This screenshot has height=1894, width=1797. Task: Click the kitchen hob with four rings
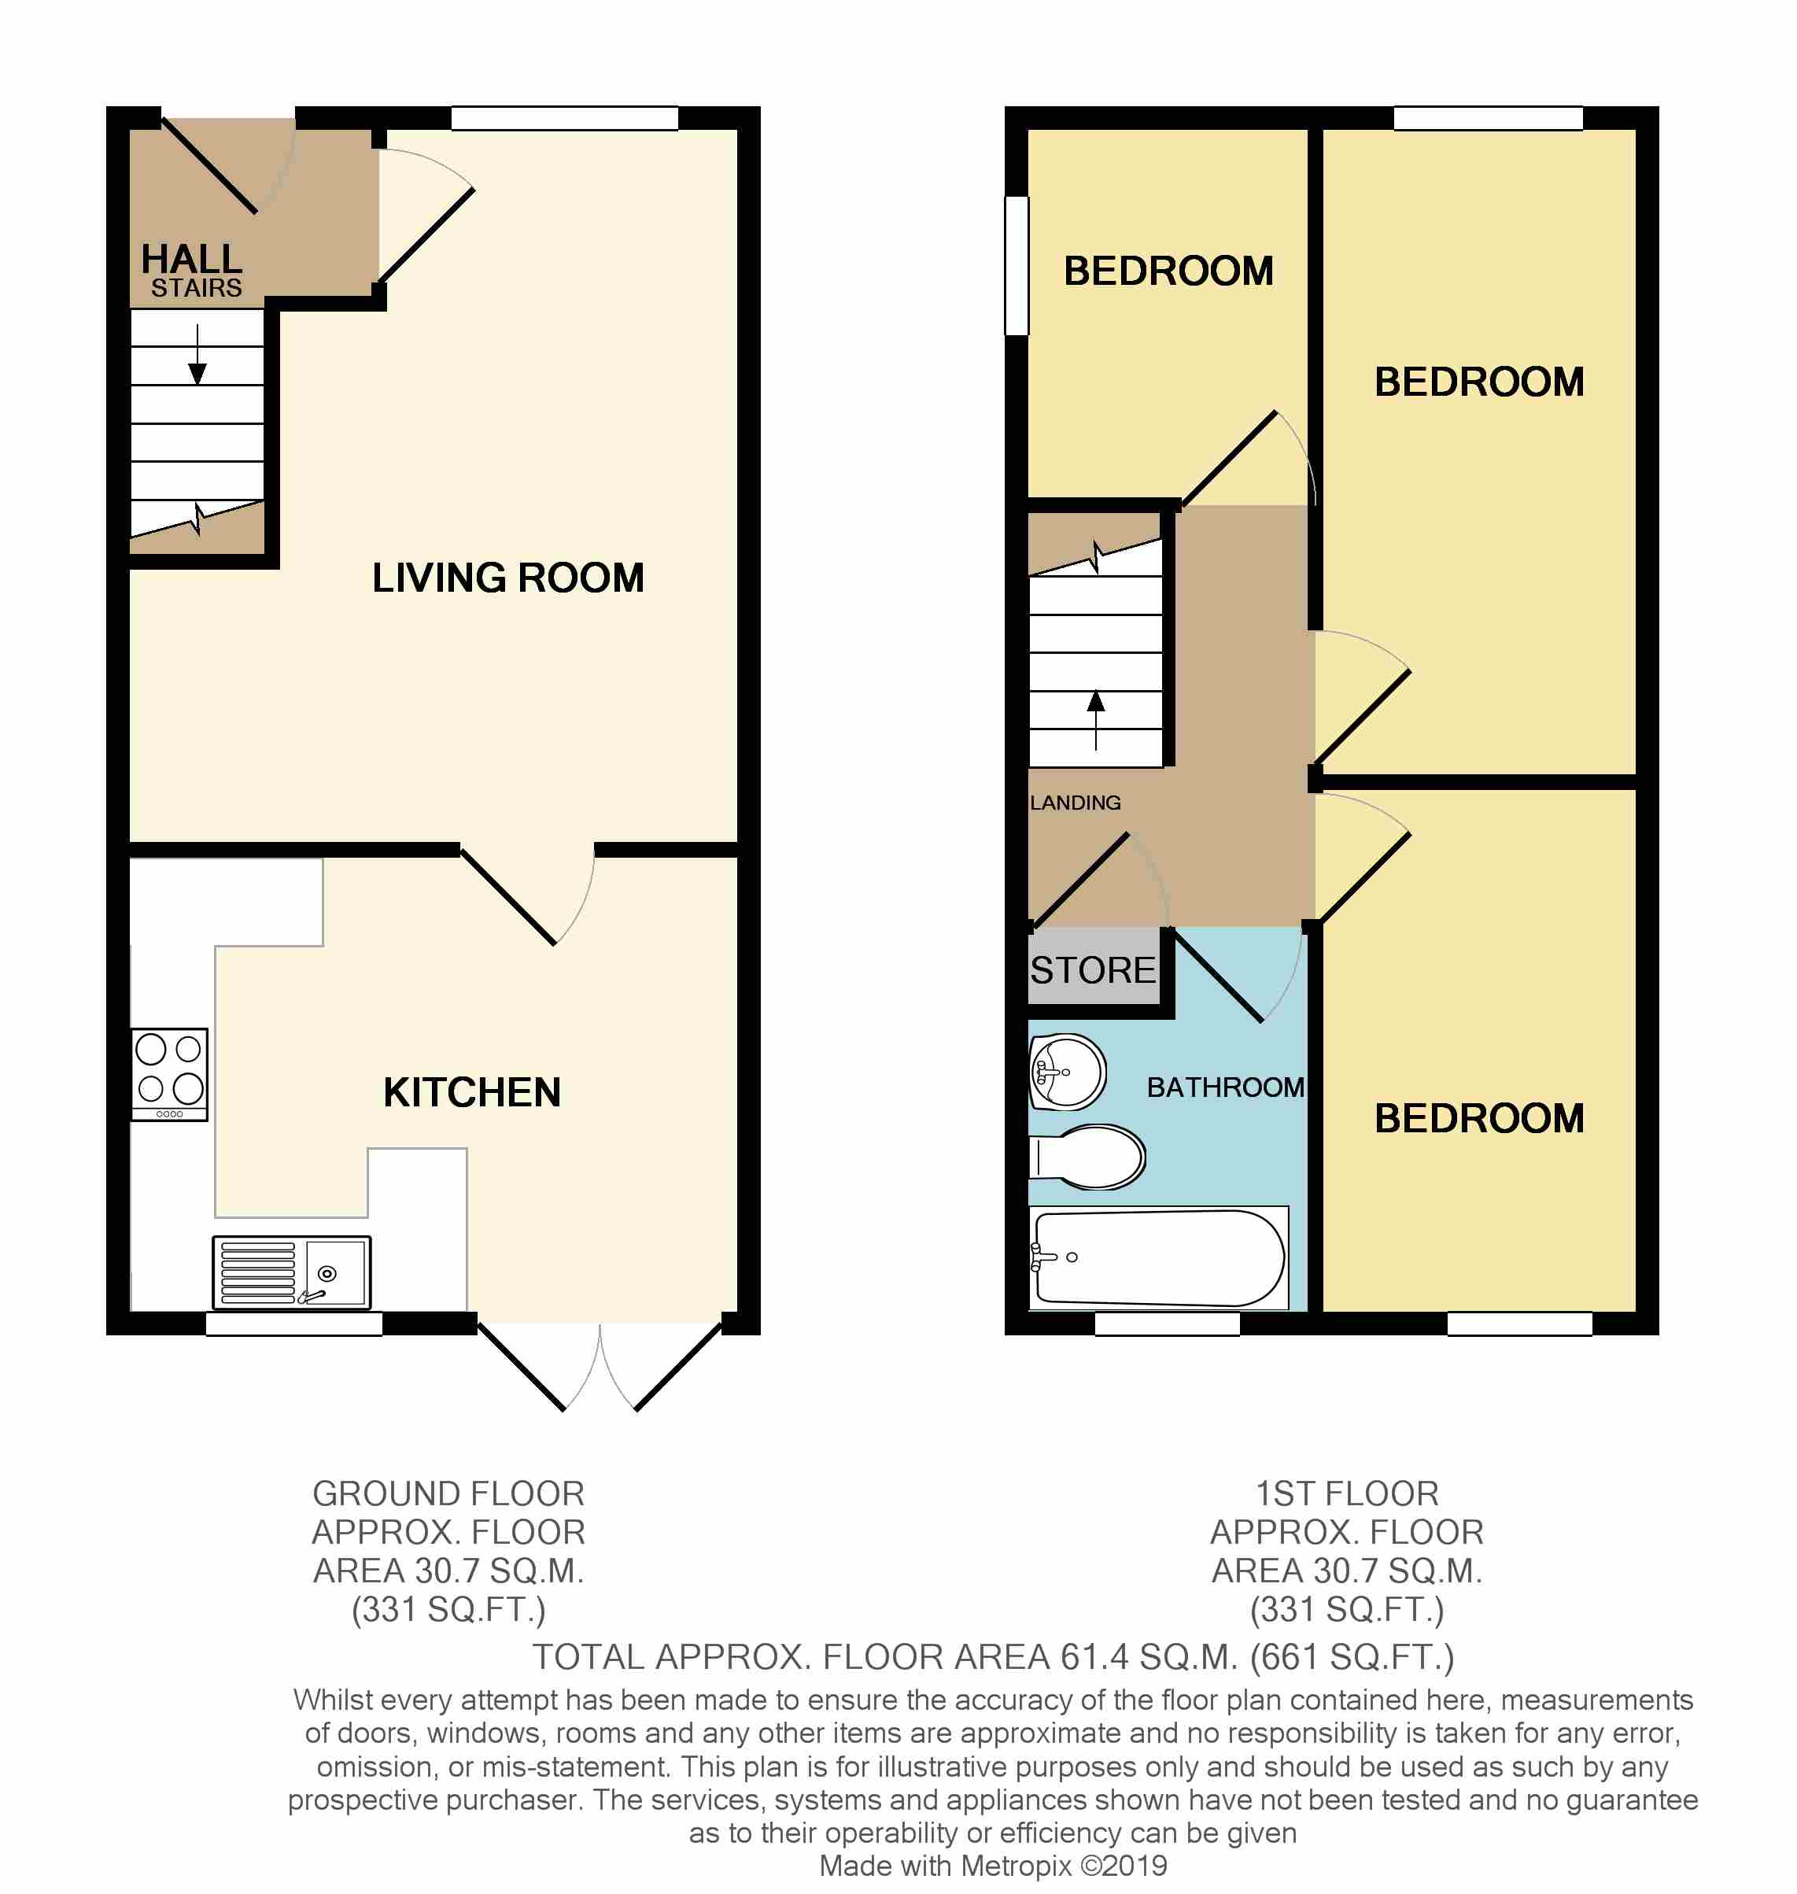tap(169, 1074)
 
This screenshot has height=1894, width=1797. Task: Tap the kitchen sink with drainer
tap(291, 1272)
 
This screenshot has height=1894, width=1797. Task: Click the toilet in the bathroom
tap(1087, 1157)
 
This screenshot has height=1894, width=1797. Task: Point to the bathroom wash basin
tap(1067, 1072)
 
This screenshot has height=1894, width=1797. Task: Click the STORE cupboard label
tap(1093, 970)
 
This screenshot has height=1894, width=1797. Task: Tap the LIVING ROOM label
tap(507, 578)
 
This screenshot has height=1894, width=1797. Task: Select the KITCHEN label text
tap(472, 1092)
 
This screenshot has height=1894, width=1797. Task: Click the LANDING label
tap(1075, 803)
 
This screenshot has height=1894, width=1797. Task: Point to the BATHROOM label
tap(1225, 1087)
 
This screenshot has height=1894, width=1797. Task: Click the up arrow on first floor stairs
tap(1096, 721)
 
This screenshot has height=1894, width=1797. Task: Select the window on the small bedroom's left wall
tap(1017, 265)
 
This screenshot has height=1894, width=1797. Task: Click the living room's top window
tap(565, 118)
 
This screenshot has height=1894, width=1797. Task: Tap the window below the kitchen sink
tap(294, 1323)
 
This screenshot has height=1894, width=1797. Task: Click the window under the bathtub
tap(1167, 1323)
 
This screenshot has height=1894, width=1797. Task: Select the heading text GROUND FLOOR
tap(448, 1493)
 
